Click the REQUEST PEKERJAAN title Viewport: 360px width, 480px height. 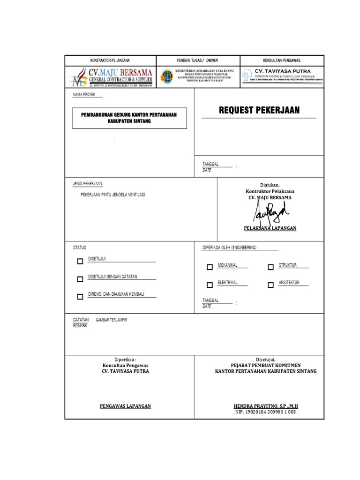259,111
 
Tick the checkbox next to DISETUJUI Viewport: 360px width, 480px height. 80,262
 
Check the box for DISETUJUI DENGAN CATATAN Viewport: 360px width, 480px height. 80,279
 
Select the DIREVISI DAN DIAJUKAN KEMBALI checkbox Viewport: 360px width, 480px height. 80,296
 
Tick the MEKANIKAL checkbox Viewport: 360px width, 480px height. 210,267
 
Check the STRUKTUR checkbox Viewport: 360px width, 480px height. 270,267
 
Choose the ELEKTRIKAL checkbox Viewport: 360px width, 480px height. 210,285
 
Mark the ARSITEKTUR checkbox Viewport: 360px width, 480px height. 270,285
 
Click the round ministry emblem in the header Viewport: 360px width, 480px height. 166,76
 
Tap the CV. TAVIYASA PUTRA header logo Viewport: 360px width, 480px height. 247,75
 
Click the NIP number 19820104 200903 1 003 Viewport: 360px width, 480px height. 265,412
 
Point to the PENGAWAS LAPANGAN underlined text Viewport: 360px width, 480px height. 125,406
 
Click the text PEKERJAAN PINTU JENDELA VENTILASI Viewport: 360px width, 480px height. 113,195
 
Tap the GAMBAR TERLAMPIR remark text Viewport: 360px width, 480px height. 112,320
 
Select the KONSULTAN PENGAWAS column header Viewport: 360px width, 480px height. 282,60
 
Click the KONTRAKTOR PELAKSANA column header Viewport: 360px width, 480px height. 110,60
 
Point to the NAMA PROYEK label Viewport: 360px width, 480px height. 84,94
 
